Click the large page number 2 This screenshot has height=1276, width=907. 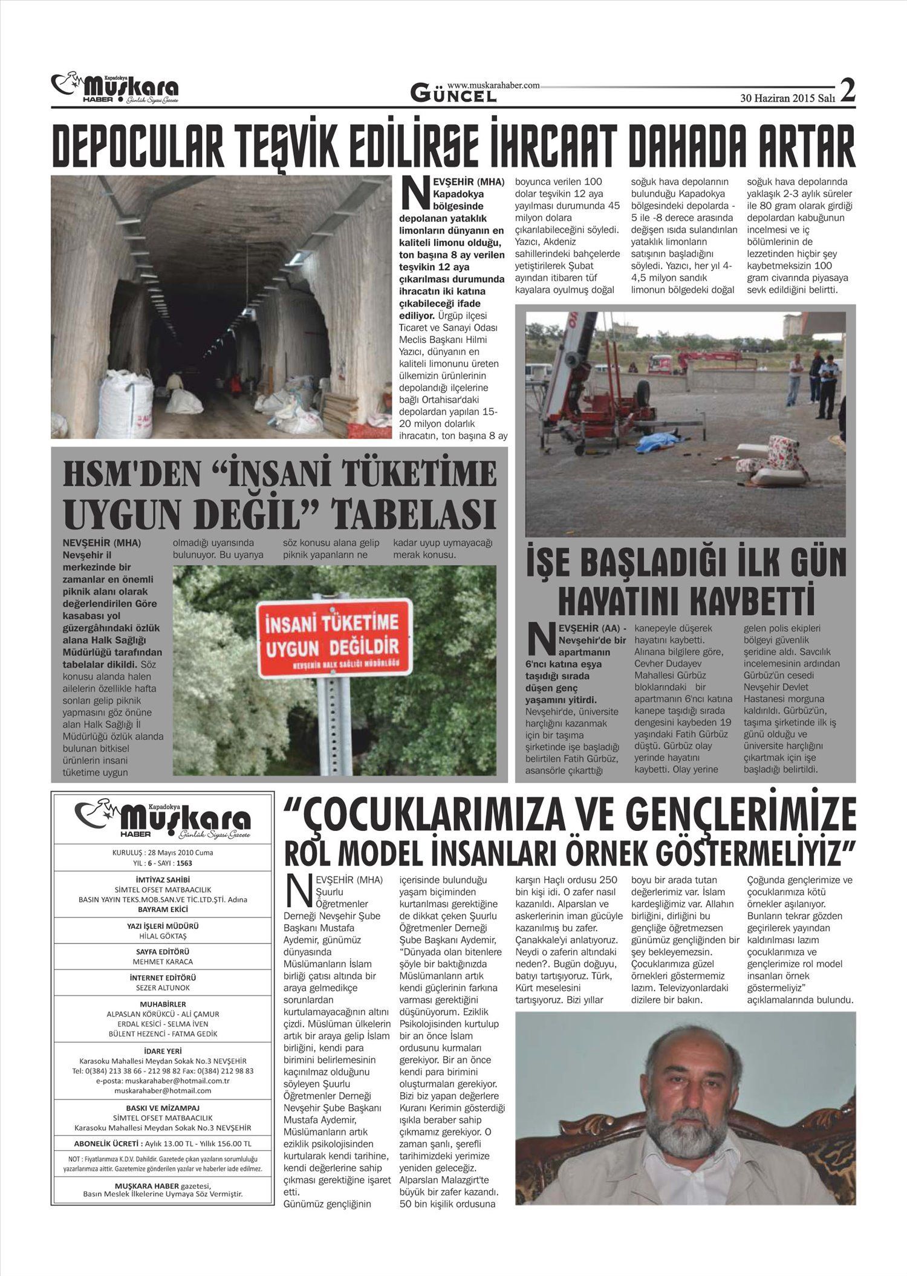pos(848,91)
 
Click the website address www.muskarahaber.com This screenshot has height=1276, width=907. pos(493,86)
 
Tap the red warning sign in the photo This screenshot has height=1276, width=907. pos(334,637)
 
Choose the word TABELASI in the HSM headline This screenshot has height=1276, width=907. pos(415,515)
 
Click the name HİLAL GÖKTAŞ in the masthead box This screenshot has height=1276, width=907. pos(163,936)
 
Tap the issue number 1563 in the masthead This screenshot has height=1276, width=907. pos(184,863)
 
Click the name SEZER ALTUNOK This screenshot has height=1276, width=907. pos(163,988)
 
